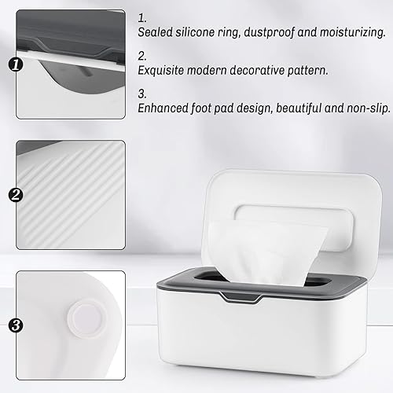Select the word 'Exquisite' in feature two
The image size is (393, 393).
pos(166,69)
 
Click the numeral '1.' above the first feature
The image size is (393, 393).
pos(141,17)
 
